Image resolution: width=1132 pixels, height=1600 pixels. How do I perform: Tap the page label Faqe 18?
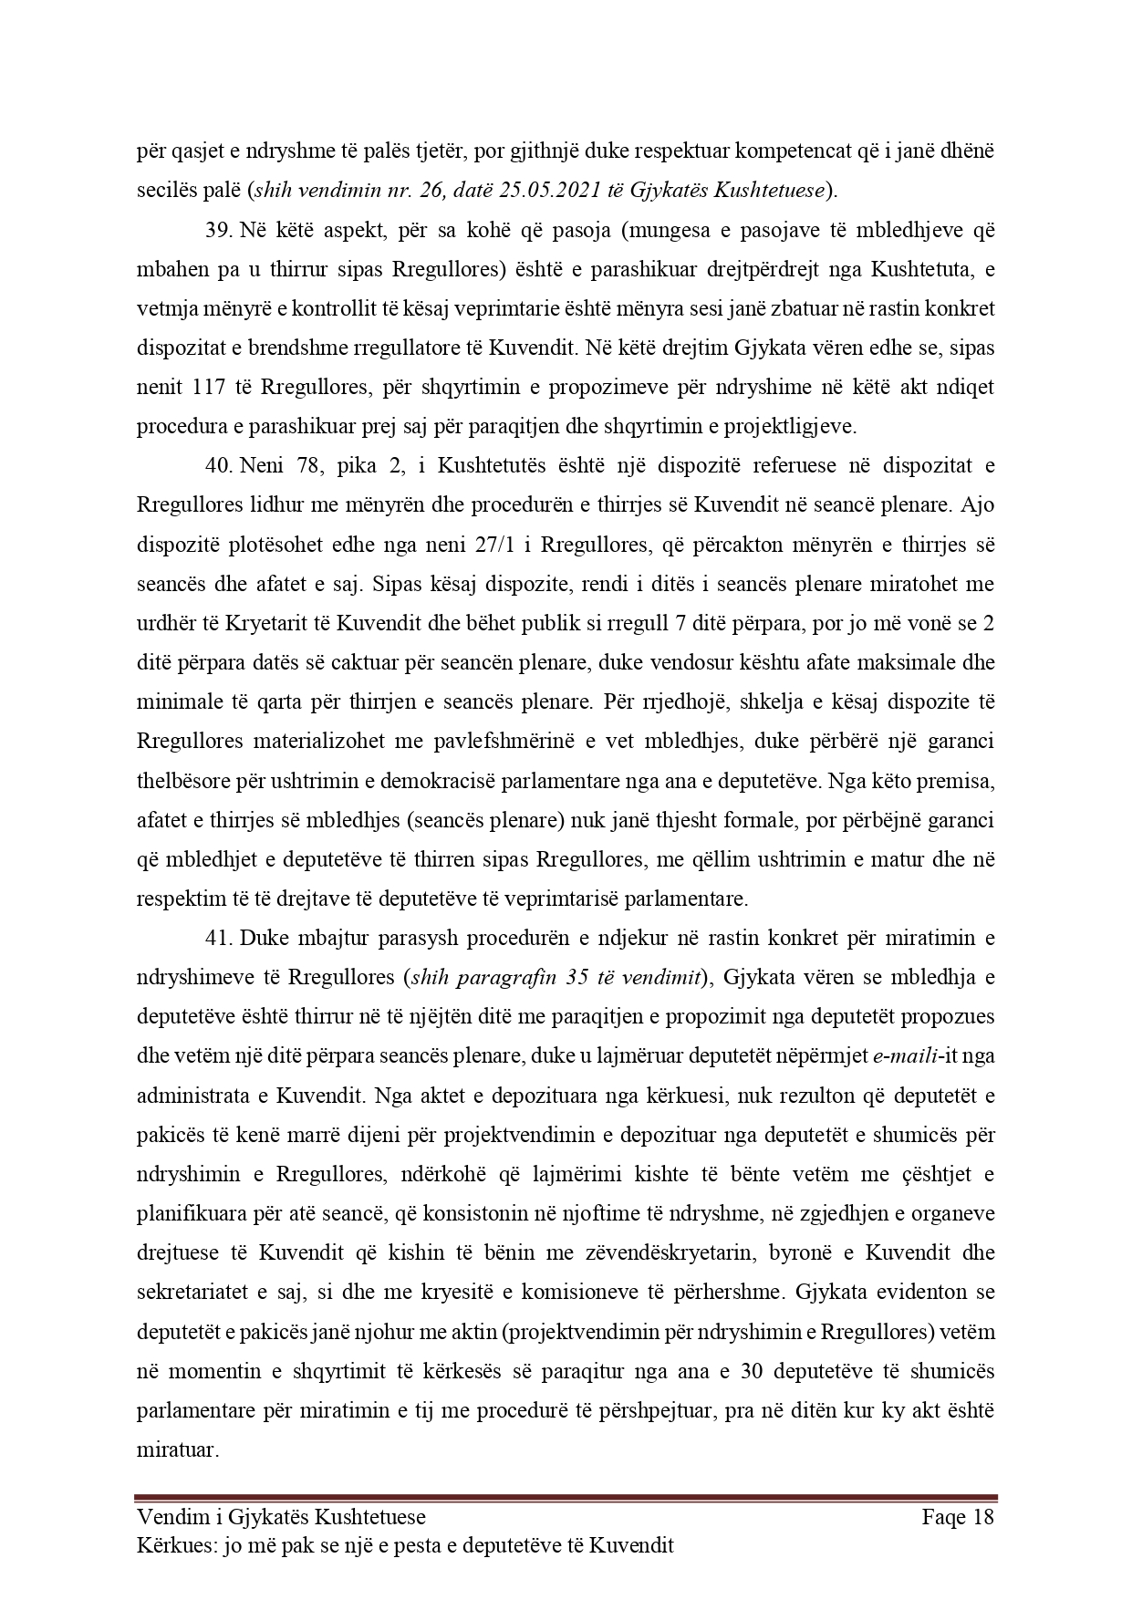pyautogui.click(x=957, y=1517)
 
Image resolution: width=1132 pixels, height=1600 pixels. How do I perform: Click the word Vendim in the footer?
pyautogui.click(x=168, y=1517)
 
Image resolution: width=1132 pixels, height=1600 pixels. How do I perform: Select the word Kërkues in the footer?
pyautogui.click(x=172, y=1545)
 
